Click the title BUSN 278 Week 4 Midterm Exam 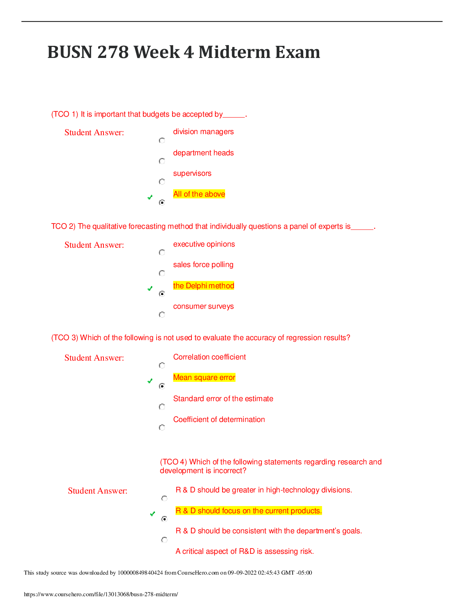(x=184, y=52)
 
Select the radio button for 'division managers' (x=162, y=141)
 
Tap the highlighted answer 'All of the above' (x=199, y=194)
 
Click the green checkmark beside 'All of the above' (x=150, y=197)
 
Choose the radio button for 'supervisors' (x=162, y=182)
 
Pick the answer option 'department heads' (x=204, y=153)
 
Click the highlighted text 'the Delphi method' (x=204, y=286)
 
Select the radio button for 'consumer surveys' (x=162, y=314)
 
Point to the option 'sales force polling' (x=203, y=264)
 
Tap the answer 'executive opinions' (x=204, y=244)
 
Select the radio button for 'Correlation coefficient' (x=162, y=365)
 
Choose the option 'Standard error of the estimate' (x=223, y=398)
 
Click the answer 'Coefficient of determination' (x=219, y=419)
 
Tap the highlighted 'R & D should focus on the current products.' (x=249, y=511)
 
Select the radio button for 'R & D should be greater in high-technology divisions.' (x=164, y=498)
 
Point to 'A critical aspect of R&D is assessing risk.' (x=245, y=551)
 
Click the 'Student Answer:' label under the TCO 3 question (x=94, y=358)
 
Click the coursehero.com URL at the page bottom (x=101, y=594)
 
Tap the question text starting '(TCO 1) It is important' (x=149, y=114)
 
